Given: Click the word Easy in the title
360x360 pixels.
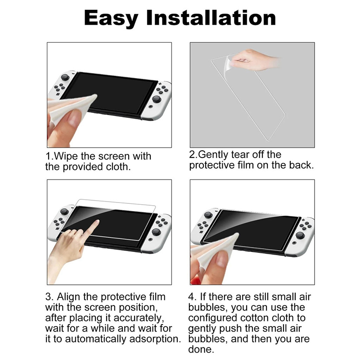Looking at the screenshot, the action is pyautogui.click(x=111, y=18).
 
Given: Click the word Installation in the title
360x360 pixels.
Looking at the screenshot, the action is pyautogui.click(x=211, y=18).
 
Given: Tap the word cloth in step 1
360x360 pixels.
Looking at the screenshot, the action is pyautogui.click(x=118, y=166).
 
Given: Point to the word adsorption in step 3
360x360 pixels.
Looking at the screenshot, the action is pyautogui.click(x=154, y=339).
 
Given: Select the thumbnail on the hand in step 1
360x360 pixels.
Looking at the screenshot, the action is pyautogui.click(x=75, y=116).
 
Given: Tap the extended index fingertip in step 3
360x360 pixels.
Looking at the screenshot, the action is pyautogui.click(x=97, y=222).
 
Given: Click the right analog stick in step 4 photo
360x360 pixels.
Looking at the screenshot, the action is pyautogui.click(x=300, y=235).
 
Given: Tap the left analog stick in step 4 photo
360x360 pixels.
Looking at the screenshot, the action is pyautogui.click(x=208, y=215).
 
